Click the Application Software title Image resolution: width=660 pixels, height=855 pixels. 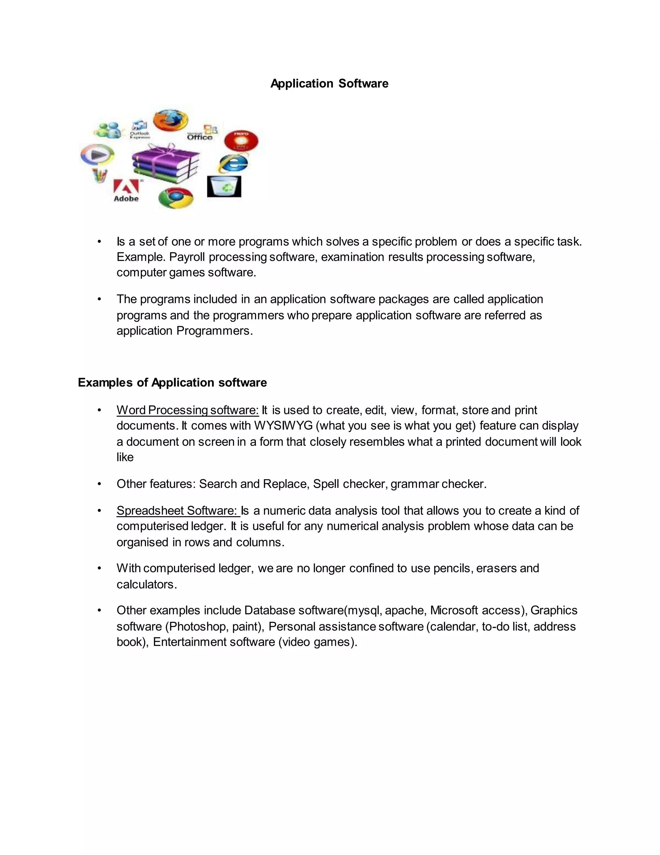(x=329, y=83)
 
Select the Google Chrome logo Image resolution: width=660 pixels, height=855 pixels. (x=176, y=198)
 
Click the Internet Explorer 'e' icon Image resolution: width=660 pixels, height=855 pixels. (x=233, y=164)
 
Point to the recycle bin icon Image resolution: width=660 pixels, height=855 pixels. (x=224, y=186)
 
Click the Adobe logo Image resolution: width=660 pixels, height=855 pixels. (x=126, y=191)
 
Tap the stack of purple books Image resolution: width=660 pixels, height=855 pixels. (x=165, y=164)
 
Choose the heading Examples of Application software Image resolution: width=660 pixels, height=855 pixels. (x=172, y=382)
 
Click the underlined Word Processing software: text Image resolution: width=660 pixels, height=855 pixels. (x=187, y=410)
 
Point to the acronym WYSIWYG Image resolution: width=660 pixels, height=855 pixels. (x=283, y=426)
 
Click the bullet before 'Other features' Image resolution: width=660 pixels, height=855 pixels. (x=99, y=484)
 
